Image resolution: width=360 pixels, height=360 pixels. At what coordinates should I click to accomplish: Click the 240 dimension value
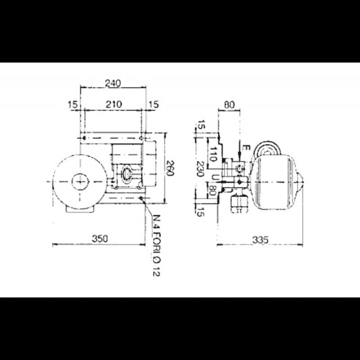(x=112, y=83)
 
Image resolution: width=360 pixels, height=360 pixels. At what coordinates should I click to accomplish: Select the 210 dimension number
(x=113, y=104)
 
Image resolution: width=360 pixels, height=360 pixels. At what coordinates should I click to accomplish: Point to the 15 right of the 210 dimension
(x=154, y=104)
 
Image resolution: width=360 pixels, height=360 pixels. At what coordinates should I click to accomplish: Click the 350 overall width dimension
(x=99, y=239)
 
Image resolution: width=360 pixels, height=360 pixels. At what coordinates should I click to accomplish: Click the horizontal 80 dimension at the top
(x=229, y=104)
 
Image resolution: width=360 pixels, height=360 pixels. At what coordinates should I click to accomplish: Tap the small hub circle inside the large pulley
(x=80, y=181)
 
